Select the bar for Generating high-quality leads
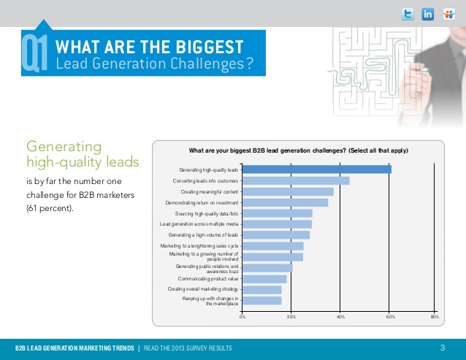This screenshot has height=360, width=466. pos(316,169)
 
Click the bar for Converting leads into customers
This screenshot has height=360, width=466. pos(295,180)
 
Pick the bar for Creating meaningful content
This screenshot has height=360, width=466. pos(287,191)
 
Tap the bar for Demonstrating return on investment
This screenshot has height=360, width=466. pos(285,202)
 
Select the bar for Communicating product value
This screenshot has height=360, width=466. pos(264,279)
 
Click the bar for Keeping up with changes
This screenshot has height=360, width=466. pos(261,300)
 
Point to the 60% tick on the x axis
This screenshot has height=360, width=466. pos(389,316)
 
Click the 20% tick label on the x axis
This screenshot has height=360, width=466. pos(291,316)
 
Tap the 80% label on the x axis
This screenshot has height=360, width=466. pos(435,316)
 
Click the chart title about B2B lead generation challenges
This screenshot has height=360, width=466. pos(298,150)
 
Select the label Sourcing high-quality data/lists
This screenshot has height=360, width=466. pos(207,213)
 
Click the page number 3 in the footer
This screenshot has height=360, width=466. pos(443,347)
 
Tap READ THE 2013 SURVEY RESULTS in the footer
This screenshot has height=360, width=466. pos(188,348)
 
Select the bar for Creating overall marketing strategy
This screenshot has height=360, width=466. pos(261,290)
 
